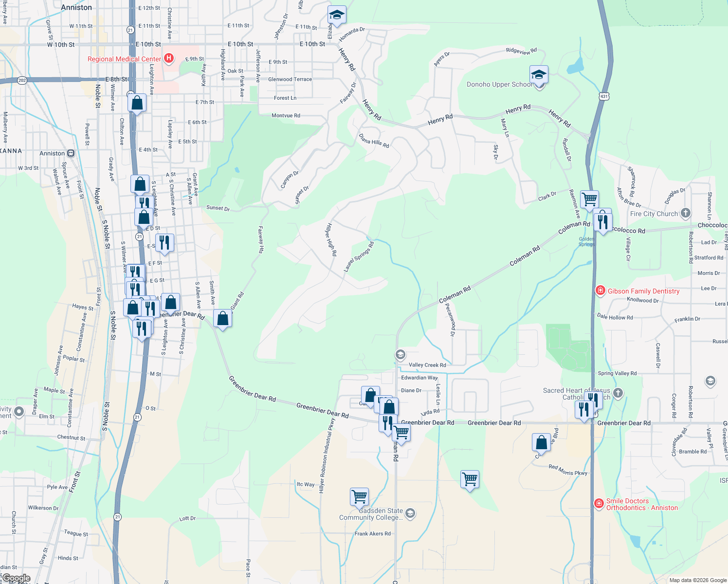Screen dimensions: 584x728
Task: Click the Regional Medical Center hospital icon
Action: (169, 59)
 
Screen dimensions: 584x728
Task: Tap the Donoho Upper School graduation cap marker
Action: (539, 75)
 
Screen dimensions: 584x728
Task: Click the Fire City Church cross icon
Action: (686, 213)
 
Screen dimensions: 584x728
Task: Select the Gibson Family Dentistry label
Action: (643, 291)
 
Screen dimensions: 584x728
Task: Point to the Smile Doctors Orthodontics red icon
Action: (599, 503)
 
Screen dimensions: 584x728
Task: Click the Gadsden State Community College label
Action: (371, 514)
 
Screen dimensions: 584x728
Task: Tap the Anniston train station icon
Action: (71, 153)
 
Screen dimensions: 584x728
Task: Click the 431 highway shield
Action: (604, 96)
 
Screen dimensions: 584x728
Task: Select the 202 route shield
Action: (22, 80)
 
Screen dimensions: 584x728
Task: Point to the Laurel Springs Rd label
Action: (359, 256)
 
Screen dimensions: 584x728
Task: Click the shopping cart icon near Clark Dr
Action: (589, 199)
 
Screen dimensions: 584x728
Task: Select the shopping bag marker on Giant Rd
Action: (222, 319)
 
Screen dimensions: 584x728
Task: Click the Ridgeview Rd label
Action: (521, 51)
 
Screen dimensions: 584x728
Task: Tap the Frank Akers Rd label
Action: (372, 534)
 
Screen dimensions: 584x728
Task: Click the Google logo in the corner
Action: (16, 578)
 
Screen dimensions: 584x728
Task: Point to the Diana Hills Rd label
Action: (374, 141)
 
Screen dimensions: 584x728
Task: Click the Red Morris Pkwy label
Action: (568, 470)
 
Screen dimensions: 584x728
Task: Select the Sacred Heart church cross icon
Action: (618, 393)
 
